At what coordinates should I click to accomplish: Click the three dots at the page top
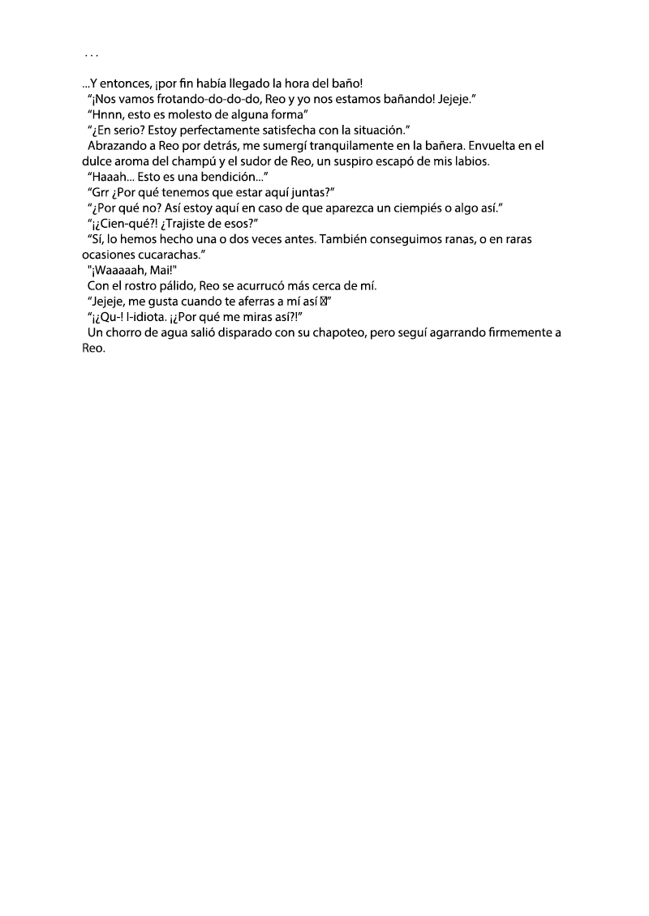point(91,56)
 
